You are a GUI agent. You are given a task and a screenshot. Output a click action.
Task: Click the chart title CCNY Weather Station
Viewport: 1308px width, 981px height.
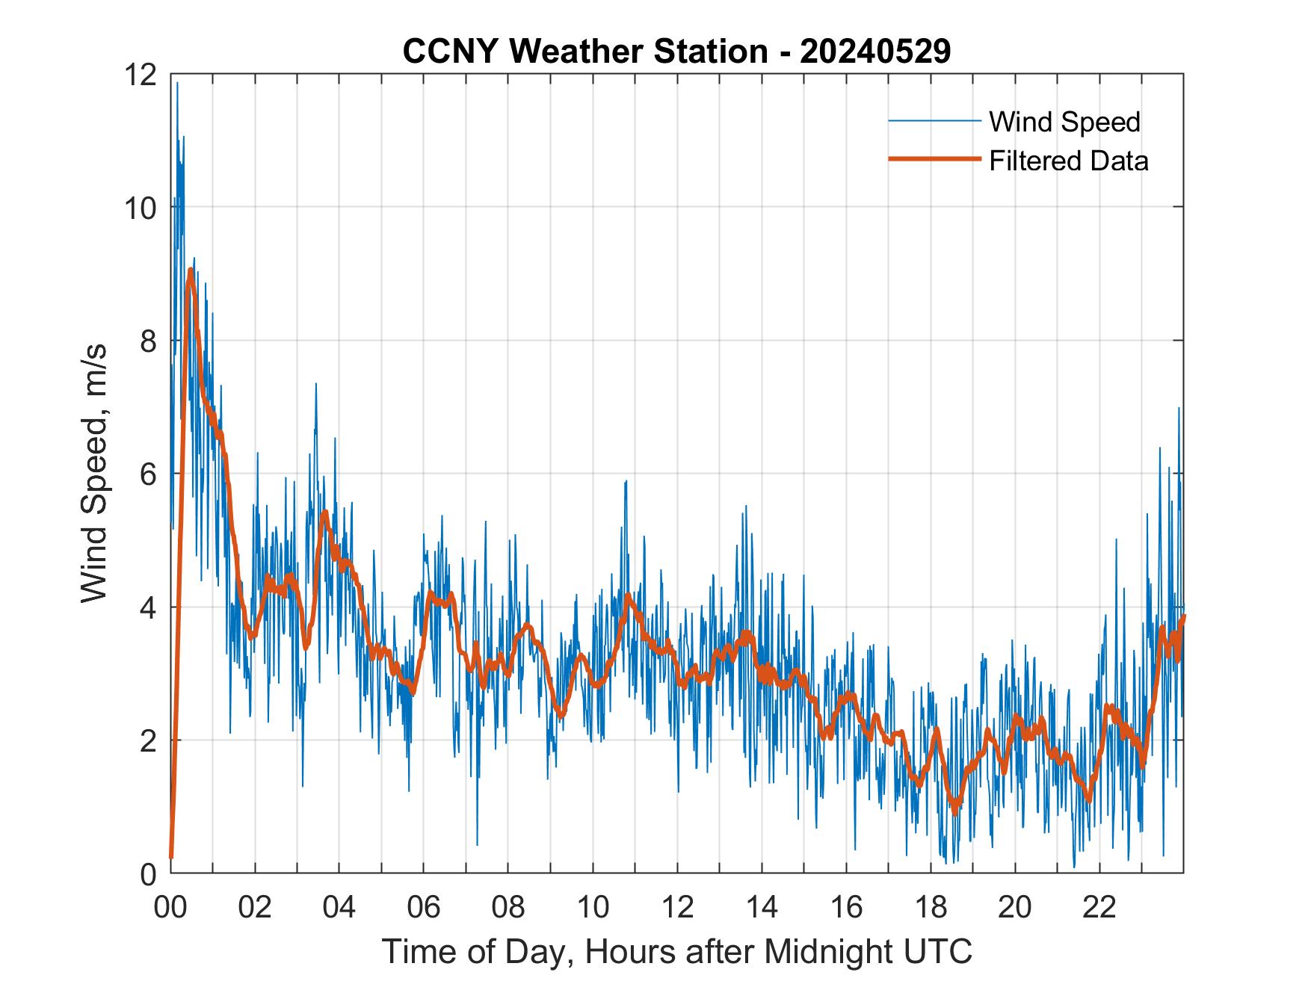pyautogui.click(x=584, y=52)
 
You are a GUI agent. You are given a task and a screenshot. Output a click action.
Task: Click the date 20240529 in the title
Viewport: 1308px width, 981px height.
pyautogui.click(x=875, y=52)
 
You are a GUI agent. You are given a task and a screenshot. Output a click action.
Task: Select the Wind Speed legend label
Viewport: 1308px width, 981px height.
pyautogui.click(x=1064, y=122)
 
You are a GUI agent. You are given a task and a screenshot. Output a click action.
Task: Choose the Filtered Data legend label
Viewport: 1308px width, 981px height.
pyautogui.click(x=1068, y=161)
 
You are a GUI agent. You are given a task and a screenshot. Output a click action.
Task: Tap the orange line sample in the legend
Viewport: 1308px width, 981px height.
pyautogui.click(x=934, y=159)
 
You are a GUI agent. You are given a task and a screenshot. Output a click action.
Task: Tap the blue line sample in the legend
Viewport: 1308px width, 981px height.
pyautogui.click(x=934, y=121)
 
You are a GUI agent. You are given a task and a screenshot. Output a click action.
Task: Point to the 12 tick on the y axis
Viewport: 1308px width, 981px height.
pyautogui.click(x=142, y=75)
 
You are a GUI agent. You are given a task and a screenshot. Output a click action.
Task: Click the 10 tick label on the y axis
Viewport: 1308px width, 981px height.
pyautogui.click(x=142, y=208)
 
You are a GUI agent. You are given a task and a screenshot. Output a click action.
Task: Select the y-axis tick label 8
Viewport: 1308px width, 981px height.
pyautogui.click(x=148, y=341)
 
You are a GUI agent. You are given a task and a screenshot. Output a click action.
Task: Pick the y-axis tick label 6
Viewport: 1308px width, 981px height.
pyautogui.click(x=148, y=474)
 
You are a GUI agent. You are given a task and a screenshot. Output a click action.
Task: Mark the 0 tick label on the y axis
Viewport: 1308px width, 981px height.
pyautogui.click(x=148, y=874)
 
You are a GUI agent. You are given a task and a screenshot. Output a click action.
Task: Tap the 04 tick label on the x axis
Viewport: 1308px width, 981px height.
pyautogui.click(x=339, y=907)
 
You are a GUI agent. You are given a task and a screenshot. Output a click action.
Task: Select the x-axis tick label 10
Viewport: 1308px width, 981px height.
pyautogui.click(x=593, y=907)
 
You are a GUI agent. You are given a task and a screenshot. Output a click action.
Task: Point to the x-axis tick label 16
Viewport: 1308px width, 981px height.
pyautogui.click(x=846, y=907)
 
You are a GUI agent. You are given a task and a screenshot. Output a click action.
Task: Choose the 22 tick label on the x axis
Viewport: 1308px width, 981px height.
pyautogui.click(x=1099, y=907)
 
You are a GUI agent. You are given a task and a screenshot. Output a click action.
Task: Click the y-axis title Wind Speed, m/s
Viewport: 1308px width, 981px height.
pyautogui.click(x=94, y=473)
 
